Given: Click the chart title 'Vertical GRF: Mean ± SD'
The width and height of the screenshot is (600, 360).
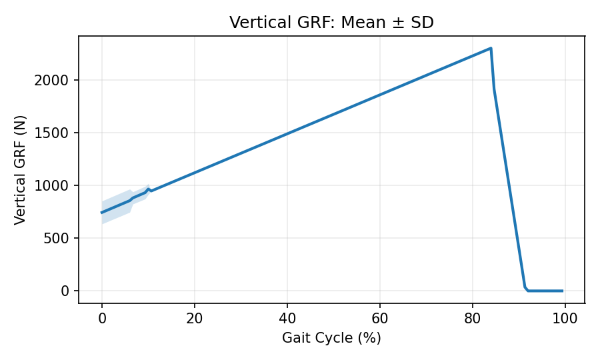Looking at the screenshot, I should [x=331, y=22].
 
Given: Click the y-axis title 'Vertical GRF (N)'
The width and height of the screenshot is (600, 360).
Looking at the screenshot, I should [x=19, y=169].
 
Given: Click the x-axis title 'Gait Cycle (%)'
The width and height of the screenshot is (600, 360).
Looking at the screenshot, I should [x=331, y=338].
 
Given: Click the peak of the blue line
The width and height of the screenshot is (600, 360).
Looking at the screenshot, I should [x=491, y=48].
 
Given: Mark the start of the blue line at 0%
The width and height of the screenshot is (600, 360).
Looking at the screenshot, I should [x=102, y=213].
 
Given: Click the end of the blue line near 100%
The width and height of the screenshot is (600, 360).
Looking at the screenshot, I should [x=563, y=291].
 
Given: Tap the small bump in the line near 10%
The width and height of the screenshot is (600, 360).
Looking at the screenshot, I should [x=148, y=189].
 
